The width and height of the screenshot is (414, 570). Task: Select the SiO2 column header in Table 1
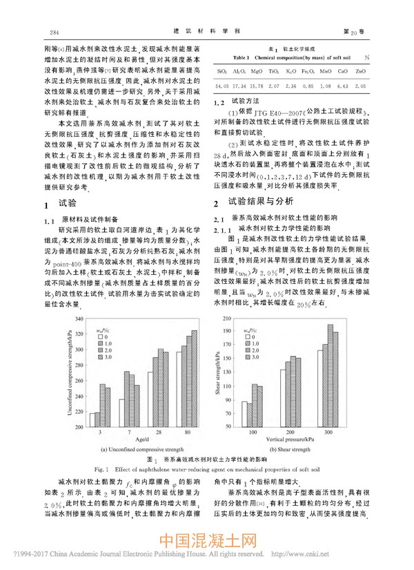coord(222,71)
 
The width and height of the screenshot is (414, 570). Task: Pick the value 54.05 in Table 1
coord(222,85)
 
